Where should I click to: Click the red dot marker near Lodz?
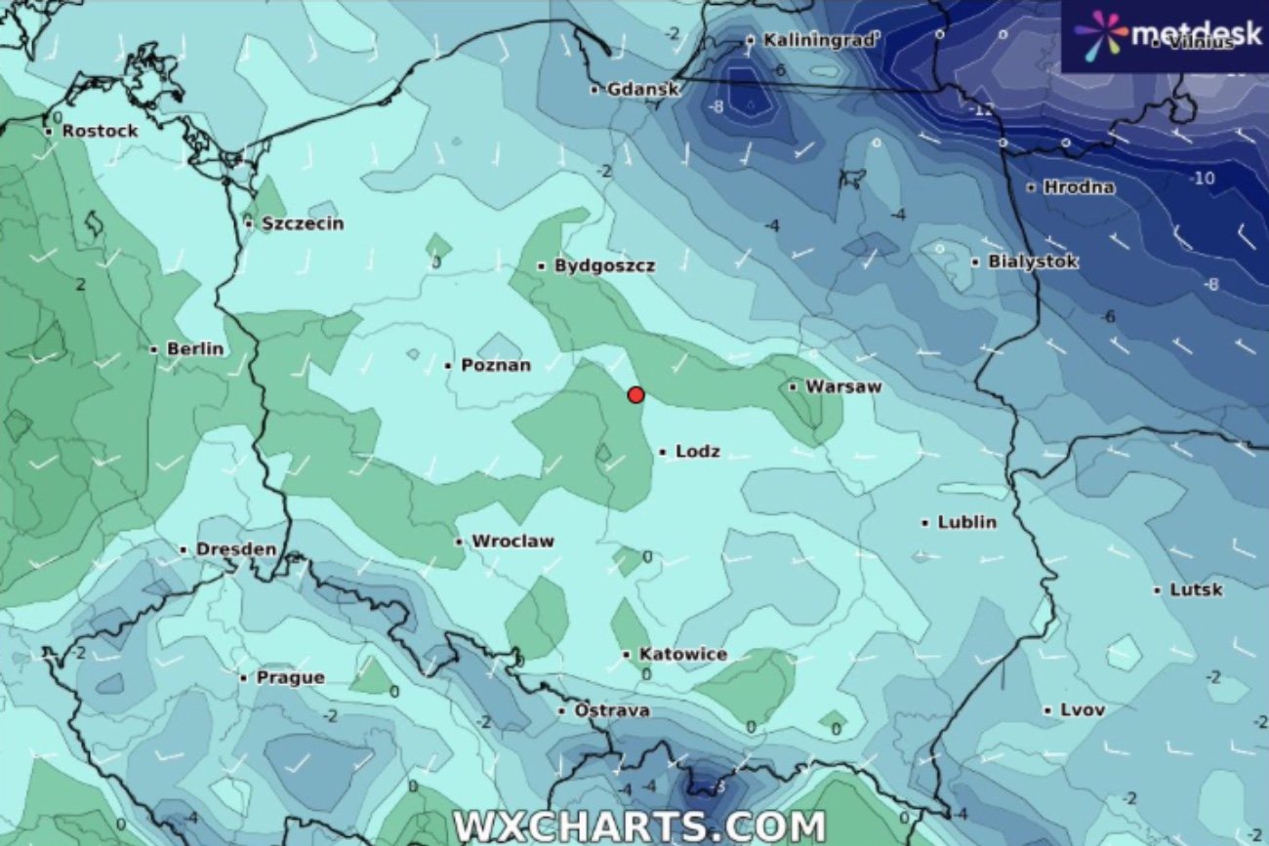click(x=635, y=394)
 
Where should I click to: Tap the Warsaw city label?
click(x=843, y=387)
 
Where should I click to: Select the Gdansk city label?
click(x=642, y=90)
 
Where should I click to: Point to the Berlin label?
click(x=195, y=349)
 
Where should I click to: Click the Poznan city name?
click(x=495, y=366)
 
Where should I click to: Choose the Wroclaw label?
click(x=512, y=542)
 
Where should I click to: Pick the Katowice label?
click(x=682, y=655)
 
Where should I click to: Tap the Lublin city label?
click(x=966, y=523)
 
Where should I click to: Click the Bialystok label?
click(x=1033, y=262)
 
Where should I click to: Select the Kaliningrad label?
click(x=819, y=41)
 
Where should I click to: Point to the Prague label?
click(x=289, y=678)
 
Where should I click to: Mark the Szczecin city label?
click(x=303, y=224)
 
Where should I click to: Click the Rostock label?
click(x=100, y=131)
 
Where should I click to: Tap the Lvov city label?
click(x=1083, y=710)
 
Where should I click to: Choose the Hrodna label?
click(x=1078, y=187)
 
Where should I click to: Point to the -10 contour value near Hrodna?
click(x=1202, y=179)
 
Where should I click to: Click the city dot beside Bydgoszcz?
click(x=542, y=265)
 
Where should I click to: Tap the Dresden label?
click(x=235, y=550)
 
